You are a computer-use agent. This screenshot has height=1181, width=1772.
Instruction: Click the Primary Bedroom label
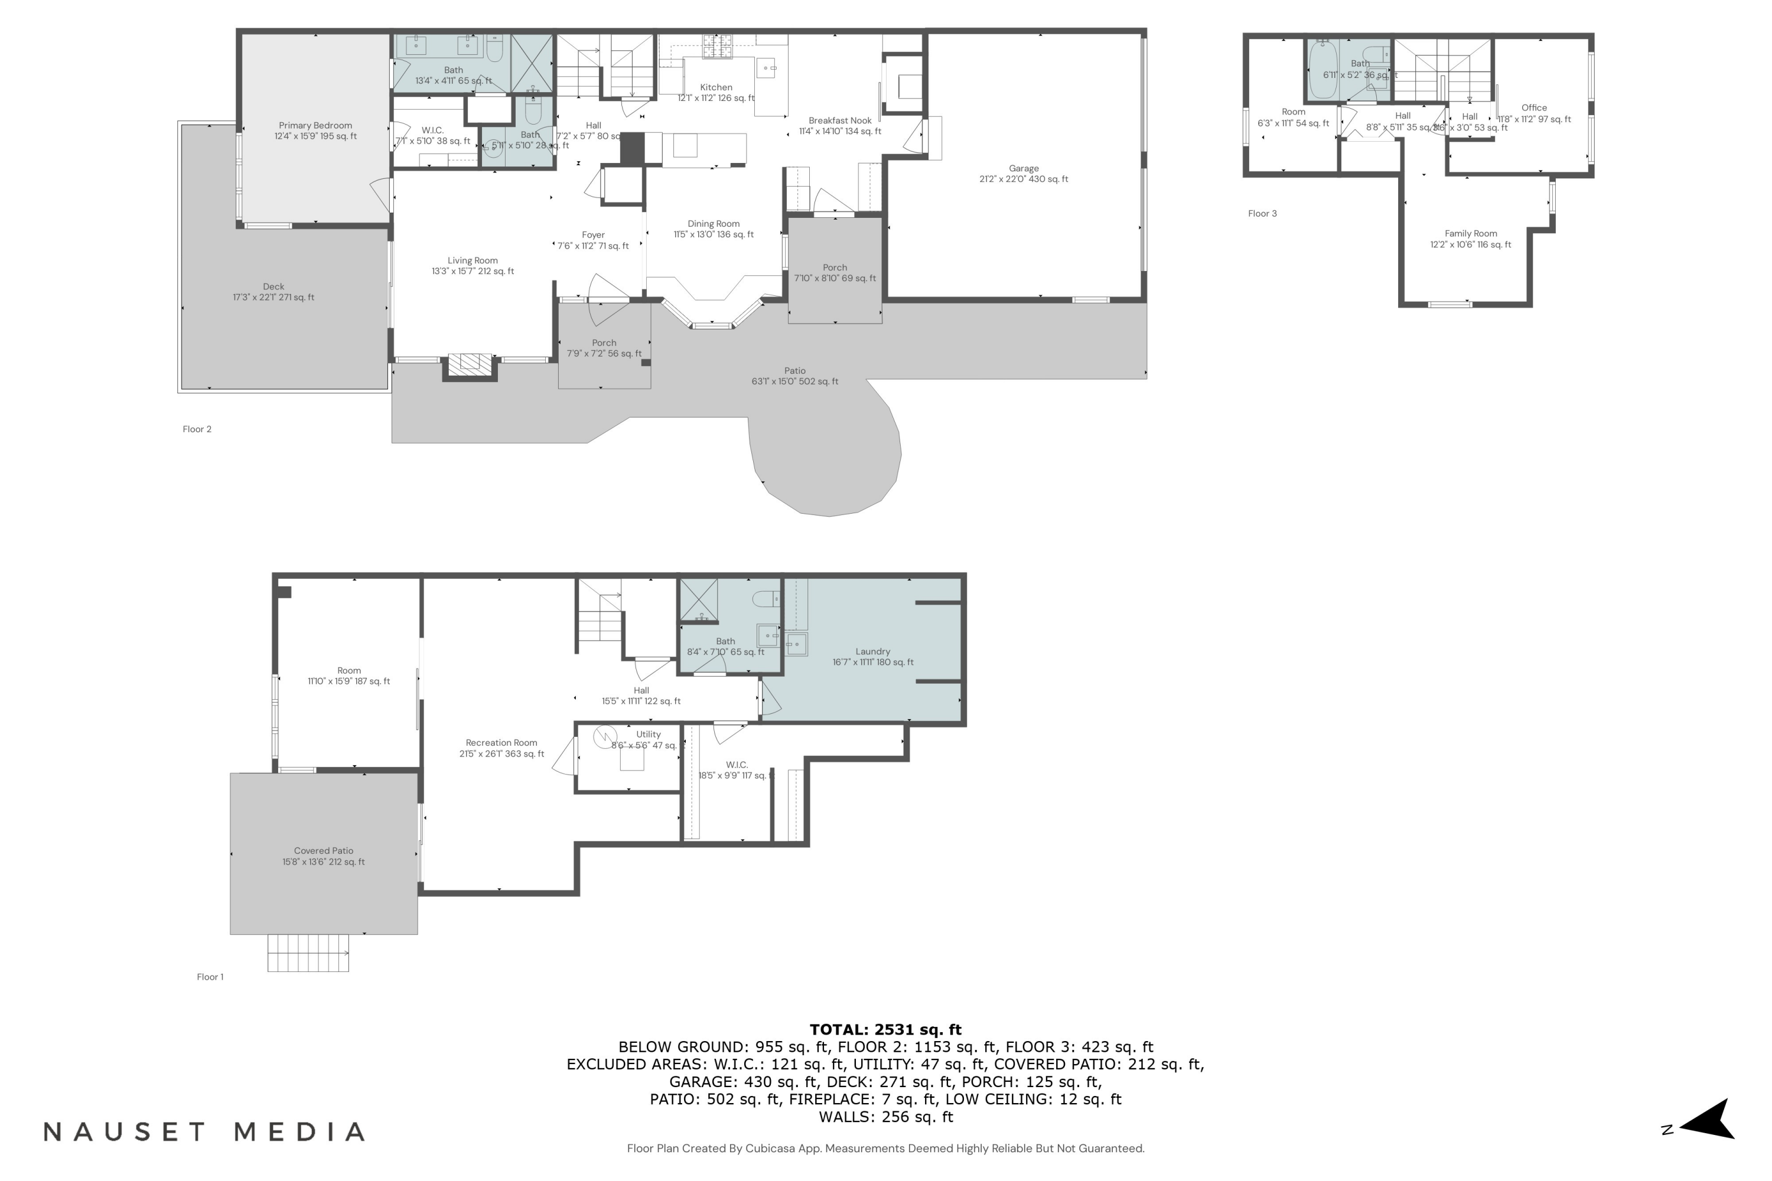pyautogui.click(x=315, y=131)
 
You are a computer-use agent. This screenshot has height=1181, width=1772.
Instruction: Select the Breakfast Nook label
pyautogui.click(x=839, y=126)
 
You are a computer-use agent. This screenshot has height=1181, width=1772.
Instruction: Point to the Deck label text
pyautogui.click(x=273, y=292)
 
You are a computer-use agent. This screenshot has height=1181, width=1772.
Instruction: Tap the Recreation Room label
pyautogui.click(x=501, y=748)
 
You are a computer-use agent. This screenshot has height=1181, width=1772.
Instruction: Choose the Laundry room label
pyautogui.click(x=872, y=657)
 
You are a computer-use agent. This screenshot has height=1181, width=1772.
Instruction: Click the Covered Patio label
pyautogui.click(x=323, y=856)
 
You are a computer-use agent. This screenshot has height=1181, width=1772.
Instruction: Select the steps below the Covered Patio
pyautogui.click(x=308, y=953)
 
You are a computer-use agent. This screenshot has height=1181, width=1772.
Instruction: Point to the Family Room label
pyautogui.click(x=1470, y=239)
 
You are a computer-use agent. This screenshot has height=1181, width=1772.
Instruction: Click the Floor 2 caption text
pyautogui.click(x=197, y=429)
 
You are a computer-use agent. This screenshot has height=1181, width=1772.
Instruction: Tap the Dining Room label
pyautogui.click(x=713, y=229)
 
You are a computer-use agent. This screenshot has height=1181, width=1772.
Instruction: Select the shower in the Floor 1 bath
pyautogui.click(x=698, y=599)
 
